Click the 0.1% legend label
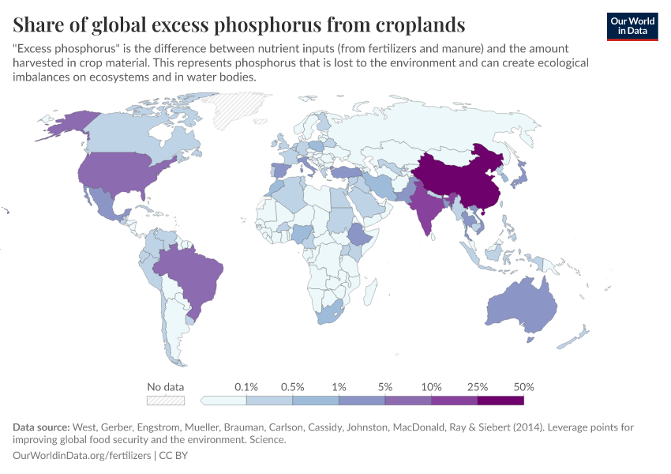[x=247, y=387]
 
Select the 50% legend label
[x=523, y=387]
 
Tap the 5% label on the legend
[x=385, y=387]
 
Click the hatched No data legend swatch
[x=165, y=400]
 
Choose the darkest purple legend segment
[x=500, y=400]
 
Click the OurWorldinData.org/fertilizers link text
[x=83, y=455]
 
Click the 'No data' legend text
[x=165, y=387]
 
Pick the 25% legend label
[x=478, y=387]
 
